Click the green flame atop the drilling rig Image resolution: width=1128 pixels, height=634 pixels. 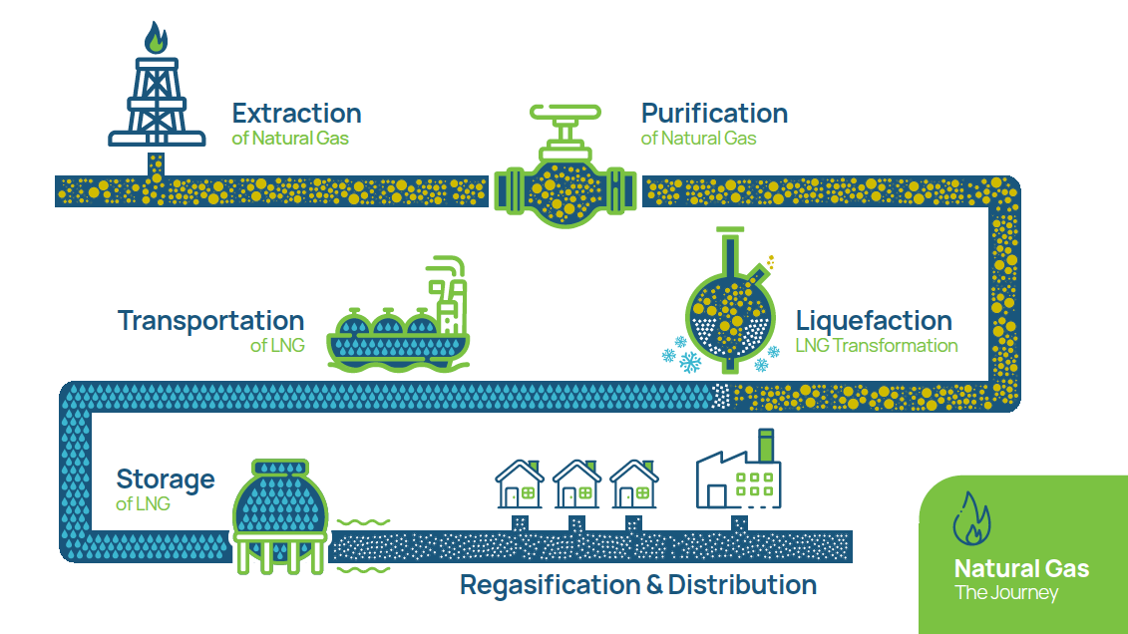pyautogui.click(x=156, y=38)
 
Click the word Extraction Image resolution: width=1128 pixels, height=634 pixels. pyautogui.click(x=296, y=114)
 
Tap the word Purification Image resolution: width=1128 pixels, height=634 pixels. pyautogui.click(x=714, y=114)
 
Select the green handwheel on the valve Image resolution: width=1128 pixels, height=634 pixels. pyautogui.click(x=565, y=112)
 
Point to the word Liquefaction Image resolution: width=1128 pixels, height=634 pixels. pyautogui.click(x=874, y=321)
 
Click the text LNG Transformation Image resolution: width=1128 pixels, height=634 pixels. pyautogui.click(x=877, y=346)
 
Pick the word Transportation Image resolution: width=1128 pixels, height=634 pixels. pyautogui.click(x=210, y=321)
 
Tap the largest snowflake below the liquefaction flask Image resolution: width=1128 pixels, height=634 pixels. pyautogui.click(x=690, y=362)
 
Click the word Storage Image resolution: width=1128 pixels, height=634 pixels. pyautogui.click(x=166, y=478)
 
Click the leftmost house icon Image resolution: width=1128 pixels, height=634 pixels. pyautogui.click(x=520, y=484)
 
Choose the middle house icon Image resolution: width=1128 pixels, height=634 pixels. pyautogui.click(x=576, y=484)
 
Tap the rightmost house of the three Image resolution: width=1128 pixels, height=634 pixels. pyautogui.click(x=633, y=484)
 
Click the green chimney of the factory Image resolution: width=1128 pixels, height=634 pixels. pyautogui.click(x=766, y=446)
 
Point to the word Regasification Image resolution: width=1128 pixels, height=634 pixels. pyautogui.click(x=551, y=585)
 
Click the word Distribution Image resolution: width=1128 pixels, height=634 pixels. pyautogui.click(x=742, y=584)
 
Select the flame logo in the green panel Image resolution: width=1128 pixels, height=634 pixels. pyautogui.click(x=971, y=518)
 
